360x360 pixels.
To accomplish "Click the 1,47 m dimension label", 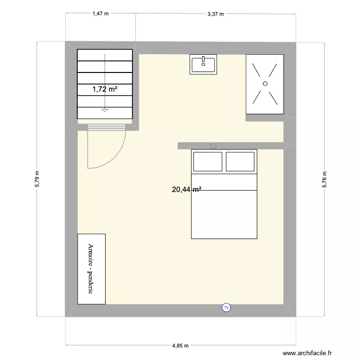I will coord(101,14).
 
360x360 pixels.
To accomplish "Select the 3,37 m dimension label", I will coord(216,14).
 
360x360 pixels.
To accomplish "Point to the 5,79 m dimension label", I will coord(37,180).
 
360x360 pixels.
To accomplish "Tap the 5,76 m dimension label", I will coord(324,179).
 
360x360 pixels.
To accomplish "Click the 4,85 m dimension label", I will coord(180,345).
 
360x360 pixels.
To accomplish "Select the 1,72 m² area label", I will coord(105,89).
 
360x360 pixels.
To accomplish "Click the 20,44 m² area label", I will coord(186,190).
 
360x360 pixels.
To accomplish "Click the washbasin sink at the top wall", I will coord(204,64).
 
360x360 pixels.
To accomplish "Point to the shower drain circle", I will coord(264,84).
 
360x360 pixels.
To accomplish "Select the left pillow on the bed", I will coord(207,162).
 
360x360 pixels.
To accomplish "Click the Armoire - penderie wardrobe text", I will coord(91,269).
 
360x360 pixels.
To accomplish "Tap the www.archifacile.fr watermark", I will coord(307,353).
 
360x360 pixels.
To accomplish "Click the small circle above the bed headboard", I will coord(214,146).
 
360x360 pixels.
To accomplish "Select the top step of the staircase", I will coord(105,55).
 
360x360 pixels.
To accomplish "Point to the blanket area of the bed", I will coord(224,214).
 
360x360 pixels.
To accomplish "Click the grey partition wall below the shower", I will coord(264,118).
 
